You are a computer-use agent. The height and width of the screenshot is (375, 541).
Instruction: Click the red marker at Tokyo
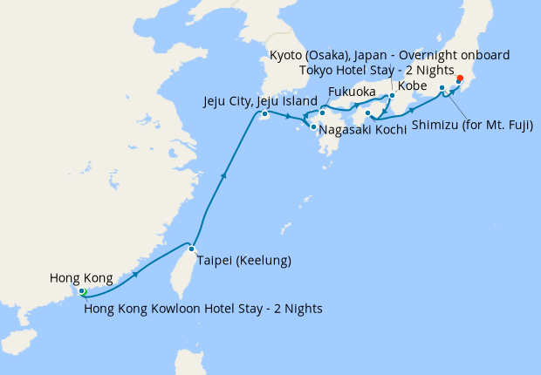(x=460, y=79)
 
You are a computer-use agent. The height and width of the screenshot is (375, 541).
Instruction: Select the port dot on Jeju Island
(x=264, y=114)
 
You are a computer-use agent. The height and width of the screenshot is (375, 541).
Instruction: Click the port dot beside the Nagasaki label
(x=312, y=127)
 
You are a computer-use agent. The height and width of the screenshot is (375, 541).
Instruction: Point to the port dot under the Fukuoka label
(x=323, y=112)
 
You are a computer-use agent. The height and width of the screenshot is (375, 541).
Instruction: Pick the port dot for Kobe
(x=392, y=96)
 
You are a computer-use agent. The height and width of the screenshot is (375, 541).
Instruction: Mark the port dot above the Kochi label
(x=368, y=112)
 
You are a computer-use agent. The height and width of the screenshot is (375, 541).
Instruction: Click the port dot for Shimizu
(x=442, y=88)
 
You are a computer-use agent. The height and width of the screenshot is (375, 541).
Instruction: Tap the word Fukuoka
(x=352, y=92)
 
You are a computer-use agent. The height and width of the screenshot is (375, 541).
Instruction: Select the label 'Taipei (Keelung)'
(x=243, y=260)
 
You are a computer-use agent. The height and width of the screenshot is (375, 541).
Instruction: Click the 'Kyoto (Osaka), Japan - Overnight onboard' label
(x=389, y=55)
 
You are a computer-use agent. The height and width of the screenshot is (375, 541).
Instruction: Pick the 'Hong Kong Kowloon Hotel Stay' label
(x=203, y=308)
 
